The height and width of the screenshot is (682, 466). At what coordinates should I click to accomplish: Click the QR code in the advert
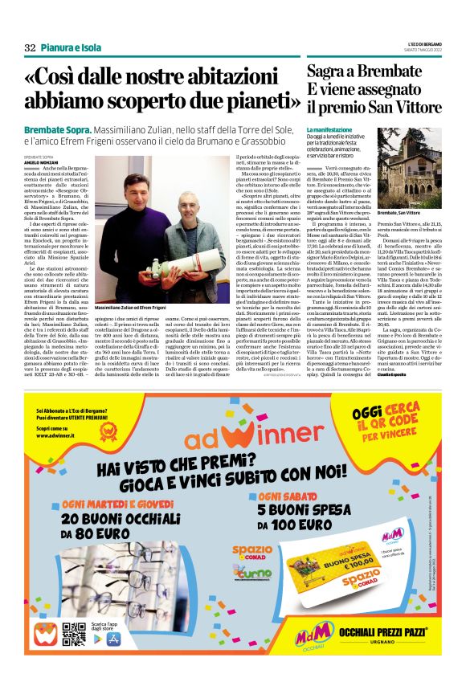[x=73, y=633]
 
